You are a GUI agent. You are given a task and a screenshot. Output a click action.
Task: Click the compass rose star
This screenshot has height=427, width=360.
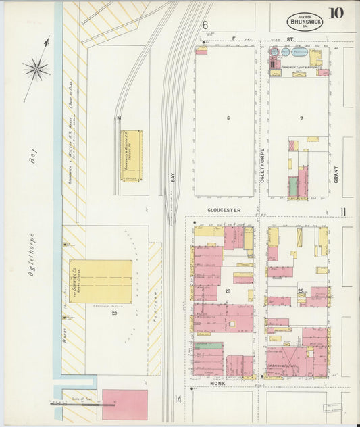pos(36,68)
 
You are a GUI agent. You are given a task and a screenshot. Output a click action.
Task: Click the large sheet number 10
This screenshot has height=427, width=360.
pos(336,14)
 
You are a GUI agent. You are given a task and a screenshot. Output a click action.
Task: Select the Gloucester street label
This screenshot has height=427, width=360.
pos(224,210)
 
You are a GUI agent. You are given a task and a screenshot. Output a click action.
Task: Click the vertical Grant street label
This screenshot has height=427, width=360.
pos(335,175)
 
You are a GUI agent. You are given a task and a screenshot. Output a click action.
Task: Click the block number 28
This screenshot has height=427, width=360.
pos(228,291)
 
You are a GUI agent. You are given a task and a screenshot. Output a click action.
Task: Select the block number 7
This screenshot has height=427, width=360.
pos(301,118)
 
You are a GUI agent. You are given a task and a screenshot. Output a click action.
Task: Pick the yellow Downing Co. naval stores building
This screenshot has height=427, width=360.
pos(101,281)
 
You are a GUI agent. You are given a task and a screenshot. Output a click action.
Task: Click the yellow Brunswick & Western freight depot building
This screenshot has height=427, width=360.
pos(131,155)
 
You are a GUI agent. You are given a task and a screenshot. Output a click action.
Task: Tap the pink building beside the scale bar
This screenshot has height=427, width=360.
pos(124,404)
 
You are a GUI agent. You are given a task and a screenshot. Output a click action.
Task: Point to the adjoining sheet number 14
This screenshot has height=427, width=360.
pos(178,399)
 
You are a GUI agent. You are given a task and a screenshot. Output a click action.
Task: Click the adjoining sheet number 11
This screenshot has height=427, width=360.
pos(343,213)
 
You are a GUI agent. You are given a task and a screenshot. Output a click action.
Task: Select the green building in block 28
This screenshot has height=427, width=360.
pos(208,345)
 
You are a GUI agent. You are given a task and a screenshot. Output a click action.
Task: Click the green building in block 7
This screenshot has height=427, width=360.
pos(293,186)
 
